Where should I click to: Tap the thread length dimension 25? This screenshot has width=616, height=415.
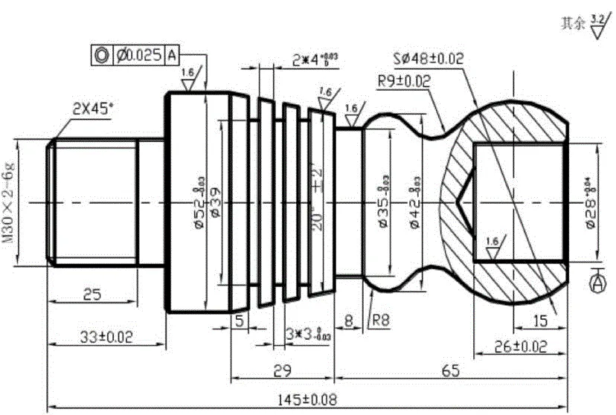tap(92, 295)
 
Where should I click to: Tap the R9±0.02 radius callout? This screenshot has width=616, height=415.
tap(401, 81)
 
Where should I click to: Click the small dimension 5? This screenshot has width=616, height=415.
tap(239, 322)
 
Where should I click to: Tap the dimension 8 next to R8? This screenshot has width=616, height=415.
tap(348, 322)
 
